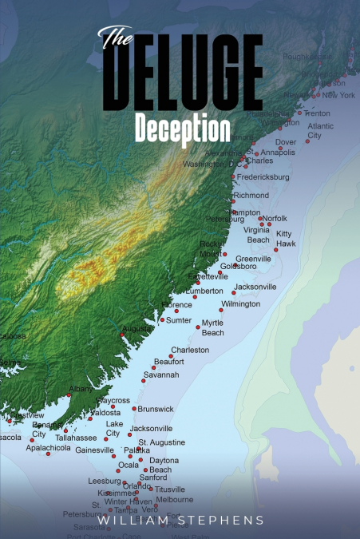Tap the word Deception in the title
(183, 129)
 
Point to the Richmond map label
(251, 195)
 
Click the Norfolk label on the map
(274, 218)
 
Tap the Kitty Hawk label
(285, 238)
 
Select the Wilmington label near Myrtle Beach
(240, 304)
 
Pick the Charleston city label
(190, 350)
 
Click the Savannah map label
(161, 375)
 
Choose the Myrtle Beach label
(212, 327)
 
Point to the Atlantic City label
(321, 131)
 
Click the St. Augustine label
(162, 442)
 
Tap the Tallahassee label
(76, 438)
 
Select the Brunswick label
(156, 409)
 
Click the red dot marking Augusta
(122, 335)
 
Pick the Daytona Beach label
(164, 465)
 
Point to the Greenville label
(253, 259)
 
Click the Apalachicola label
(48, 448)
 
